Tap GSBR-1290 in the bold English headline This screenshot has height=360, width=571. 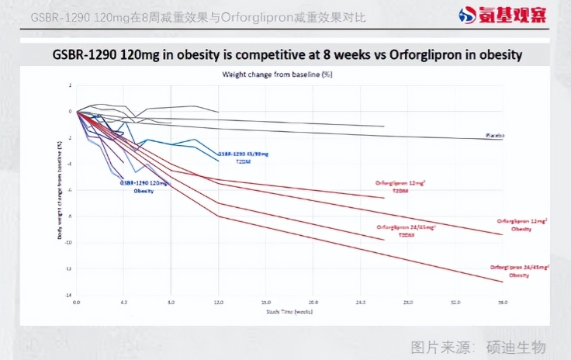[87, 55]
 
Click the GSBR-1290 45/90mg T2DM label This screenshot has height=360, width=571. [242, 156]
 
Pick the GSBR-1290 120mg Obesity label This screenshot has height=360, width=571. [144, 186]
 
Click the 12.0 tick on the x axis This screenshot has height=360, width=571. [218, 301]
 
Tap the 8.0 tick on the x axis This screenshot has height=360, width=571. [171, 301]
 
